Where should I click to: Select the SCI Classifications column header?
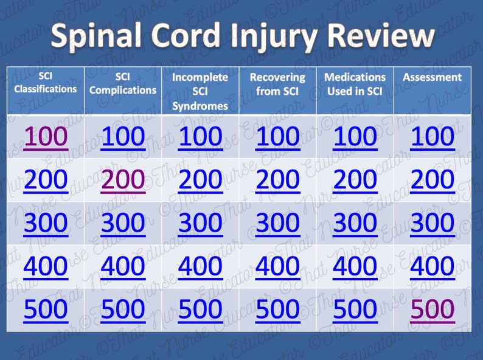coord(46,83)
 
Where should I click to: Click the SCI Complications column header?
coord(123,84)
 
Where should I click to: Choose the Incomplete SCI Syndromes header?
coord(200,91)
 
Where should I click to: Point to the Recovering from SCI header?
coord(277,84)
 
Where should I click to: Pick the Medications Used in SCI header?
coord(355,84)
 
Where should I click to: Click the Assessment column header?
coord(432,77)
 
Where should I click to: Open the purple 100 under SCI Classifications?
coord(46,137)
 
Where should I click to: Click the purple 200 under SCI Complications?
coord(123,180)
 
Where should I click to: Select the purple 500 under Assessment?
coord(432,310)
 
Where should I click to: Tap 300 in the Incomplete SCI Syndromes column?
coord(200,223)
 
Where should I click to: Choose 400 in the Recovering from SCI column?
coord(277,266)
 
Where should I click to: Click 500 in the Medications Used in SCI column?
coord(355,310)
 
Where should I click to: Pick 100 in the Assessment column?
coord(432,137)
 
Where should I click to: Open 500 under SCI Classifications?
coord(46,310)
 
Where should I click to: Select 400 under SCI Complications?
coord(123,266)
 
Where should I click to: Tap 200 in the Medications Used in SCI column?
coord(355,180)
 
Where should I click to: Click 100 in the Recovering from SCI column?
coord(277,137)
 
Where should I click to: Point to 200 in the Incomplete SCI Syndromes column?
coord(200,180)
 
